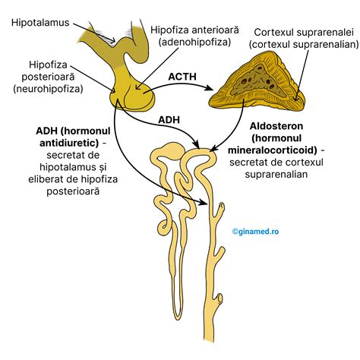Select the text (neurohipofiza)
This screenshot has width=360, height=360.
[x=46, y=89]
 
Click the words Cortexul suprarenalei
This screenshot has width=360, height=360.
[x=301, y=33]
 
